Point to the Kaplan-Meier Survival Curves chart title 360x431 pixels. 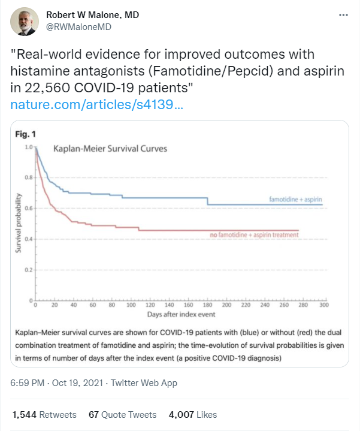click(111, 148)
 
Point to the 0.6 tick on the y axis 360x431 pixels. click(28, 208)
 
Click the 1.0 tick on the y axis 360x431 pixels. click(28, 147)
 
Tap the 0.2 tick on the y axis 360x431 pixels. click(28, 270)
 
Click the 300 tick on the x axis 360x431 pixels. click(323, 305)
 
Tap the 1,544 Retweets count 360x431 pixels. click(44, 414)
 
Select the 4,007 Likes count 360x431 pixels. click(192, 414)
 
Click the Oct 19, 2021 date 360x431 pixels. click(75, 382)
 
